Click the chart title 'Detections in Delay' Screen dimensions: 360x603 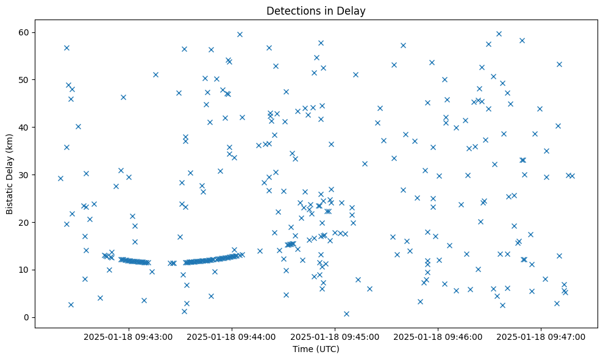tap(316, 10)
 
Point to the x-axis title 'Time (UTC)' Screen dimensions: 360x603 tap(316, 350)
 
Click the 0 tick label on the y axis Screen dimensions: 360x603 tap(27, 317)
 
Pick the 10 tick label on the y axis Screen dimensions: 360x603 tap(24, 270)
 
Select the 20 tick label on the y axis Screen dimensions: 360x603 tap(24, 222)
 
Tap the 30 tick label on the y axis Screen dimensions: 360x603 tap(24, 175)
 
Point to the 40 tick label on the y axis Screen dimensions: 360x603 tap(24, 127)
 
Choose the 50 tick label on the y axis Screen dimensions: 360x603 tap(24, 79)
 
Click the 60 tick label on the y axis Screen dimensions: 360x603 tap(24, 32)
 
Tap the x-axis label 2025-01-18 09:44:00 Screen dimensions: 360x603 tap(232, 336)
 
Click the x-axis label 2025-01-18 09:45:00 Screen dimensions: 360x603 tap(335, 336)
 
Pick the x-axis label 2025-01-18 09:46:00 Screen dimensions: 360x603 tap(438, 336)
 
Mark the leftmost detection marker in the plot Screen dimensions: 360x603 tap(60, 178)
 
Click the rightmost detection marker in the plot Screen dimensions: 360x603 tap(572, 176)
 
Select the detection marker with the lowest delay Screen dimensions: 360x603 tap(346, 314)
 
